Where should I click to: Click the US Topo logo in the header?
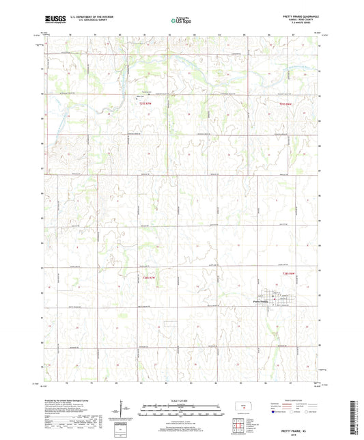(x=180, y=21)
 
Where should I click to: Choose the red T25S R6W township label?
(x=289, y=104)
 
